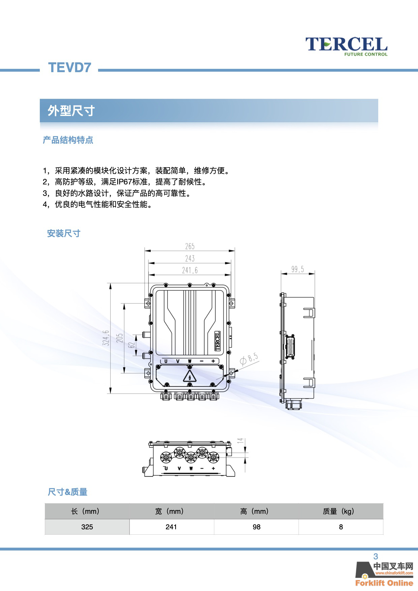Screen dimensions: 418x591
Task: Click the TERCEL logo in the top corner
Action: (347, 46)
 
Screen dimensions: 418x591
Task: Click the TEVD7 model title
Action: (70, 67)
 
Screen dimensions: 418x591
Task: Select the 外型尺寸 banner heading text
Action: (71, 111)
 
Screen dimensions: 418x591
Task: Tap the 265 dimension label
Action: (190, 246)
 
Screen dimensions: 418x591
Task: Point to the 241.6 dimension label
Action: (190, 270)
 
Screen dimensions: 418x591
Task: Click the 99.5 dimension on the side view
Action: (298, 269)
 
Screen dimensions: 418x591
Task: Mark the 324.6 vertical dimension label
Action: (106, 338)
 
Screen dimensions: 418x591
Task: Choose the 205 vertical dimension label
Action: (120, 338)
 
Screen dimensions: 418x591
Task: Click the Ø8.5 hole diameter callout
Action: (249, 359)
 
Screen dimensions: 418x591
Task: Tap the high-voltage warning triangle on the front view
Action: (190, 376)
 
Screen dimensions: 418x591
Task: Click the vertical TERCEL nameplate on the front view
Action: (217, 341)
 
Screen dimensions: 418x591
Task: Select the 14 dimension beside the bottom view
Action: (240, 441)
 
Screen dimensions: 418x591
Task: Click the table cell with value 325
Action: (87, 527)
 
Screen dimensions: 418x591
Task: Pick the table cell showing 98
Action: (257, 527)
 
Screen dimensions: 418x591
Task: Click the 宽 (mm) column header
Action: (169, 511)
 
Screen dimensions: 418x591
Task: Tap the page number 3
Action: (376, 557)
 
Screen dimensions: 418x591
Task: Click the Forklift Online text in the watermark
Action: (384, 583)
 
